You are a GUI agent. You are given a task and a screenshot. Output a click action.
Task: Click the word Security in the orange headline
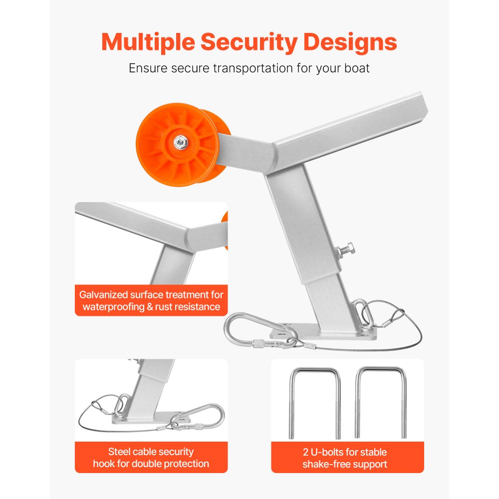(249, 42)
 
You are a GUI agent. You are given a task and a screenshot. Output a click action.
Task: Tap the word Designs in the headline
(350, 42)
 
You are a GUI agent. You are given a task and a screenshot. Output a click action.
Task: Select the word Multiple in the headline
(148, 42)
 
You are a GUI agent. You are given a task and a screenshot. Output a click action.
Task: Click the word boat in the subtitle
(357, 68)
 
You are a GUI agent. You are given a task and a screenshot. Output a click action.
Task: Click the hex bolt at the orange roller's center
(181, 142)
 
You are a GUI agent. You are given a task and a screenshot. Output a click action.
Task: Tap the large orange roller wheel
(183, 144)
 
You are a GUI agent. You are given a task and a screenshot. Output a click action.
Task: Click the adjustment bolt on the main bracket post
(345, 249)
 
